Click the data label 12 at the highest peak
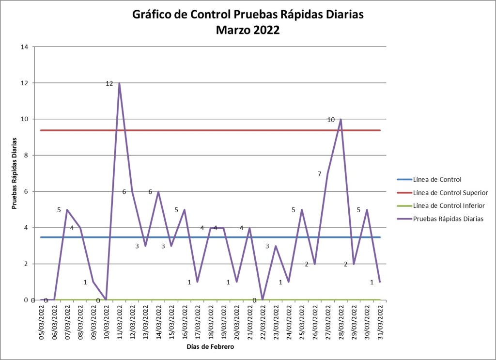pos(109,83)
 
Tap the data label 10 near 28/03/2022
pos(331,119)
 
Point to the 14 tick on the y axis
pos(24,47)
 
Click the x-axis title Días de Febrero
pos(211,347)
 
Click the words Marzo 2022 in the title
pos(248,30)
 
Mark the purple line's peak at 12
pos(119,83)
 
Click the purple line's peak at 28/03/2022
pos(341,119)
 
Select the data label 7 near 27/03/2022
pos(320,174)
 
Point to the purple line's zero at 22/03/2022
pos(263,300)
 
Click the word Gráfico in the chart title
pos(155,15)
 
